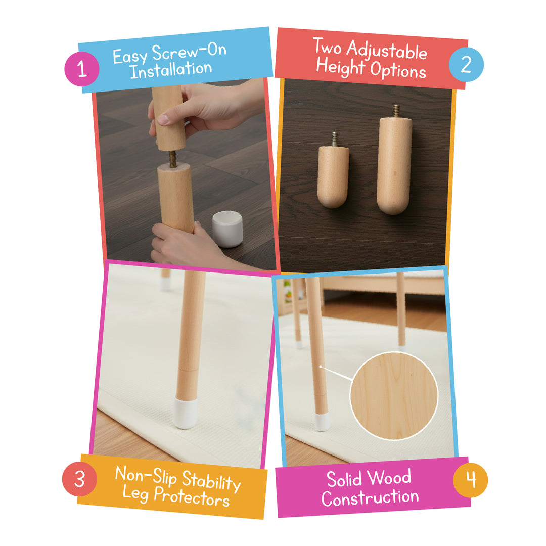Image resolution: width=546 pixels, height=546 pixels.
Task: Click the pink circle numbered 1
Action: coord(82,68)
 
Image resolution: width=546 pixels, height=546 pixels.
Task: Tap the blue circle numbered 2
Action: coord(466,64)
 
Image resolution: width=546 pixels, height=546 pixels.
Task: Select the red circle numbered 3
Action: coord(79,479)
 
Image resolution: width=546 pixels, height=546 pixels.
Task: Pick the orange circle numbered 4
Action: coord(470,479)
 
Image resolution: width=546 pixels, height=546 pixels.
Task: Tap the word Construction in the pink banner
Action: coord(370,497)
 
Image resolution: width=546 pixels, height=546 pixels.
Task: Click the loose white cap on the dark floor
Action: coord(227,229)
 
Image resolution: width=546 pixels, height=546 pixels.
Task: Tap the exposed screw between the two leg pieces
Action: coord(172,159)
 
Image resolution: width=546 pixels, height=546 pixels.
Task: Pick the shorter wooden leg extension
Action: coord(333,176)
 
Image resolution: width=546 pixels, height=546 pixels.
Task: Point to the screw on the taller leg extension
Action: coord(396,110)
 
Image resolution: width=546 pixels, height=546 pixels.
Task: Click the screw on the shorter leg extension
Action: coord(334,139)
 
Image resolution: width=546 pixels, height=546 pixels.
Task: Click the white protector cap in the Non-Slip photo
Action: coord(186,412)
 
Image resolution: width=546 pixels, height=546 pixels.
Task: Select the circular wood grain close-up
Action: coord(394,396)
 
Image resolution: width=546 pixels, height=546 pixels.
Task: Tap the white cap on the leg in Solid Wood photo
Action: coord(322,422)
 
